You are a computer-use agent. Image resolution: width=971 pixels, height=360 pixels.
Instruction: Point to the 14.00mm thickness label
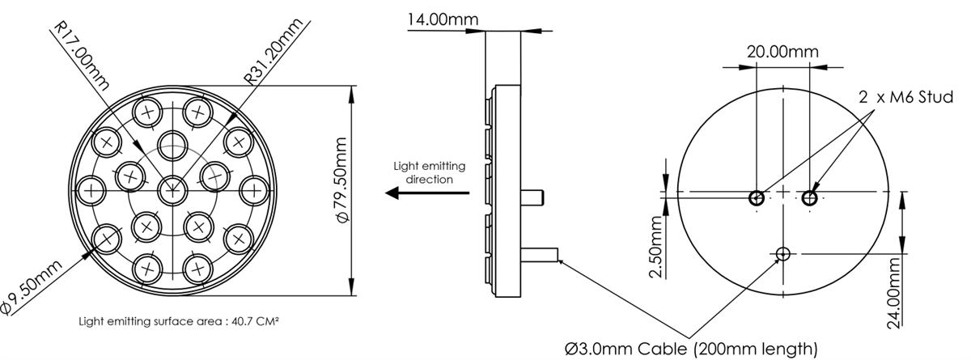point(442,19)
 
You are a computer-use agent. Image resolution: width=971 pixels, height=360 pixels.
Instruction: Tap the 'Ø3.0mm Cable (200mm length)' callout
point(691,348)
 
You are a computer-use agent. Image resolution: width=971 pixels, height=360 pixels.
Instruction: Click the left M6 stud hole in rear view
point(757,197)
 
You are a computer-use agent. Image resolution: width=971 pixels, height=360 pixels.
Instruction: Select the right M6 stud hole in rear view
point(810,197)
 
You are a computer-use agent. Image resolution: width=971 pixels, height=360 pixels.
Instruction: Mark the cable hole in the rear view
point(782,255)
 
